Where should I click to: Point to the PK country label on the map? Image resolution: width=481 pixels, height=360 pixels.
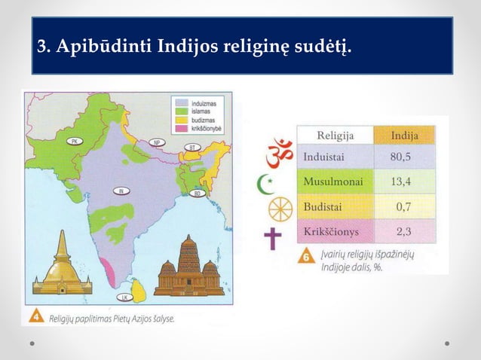74,141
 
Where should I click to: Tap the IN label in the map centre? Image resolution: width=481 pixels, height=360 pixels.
121,191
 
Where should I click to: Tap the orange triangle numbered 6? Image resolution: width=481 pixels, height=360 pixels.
307,257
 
